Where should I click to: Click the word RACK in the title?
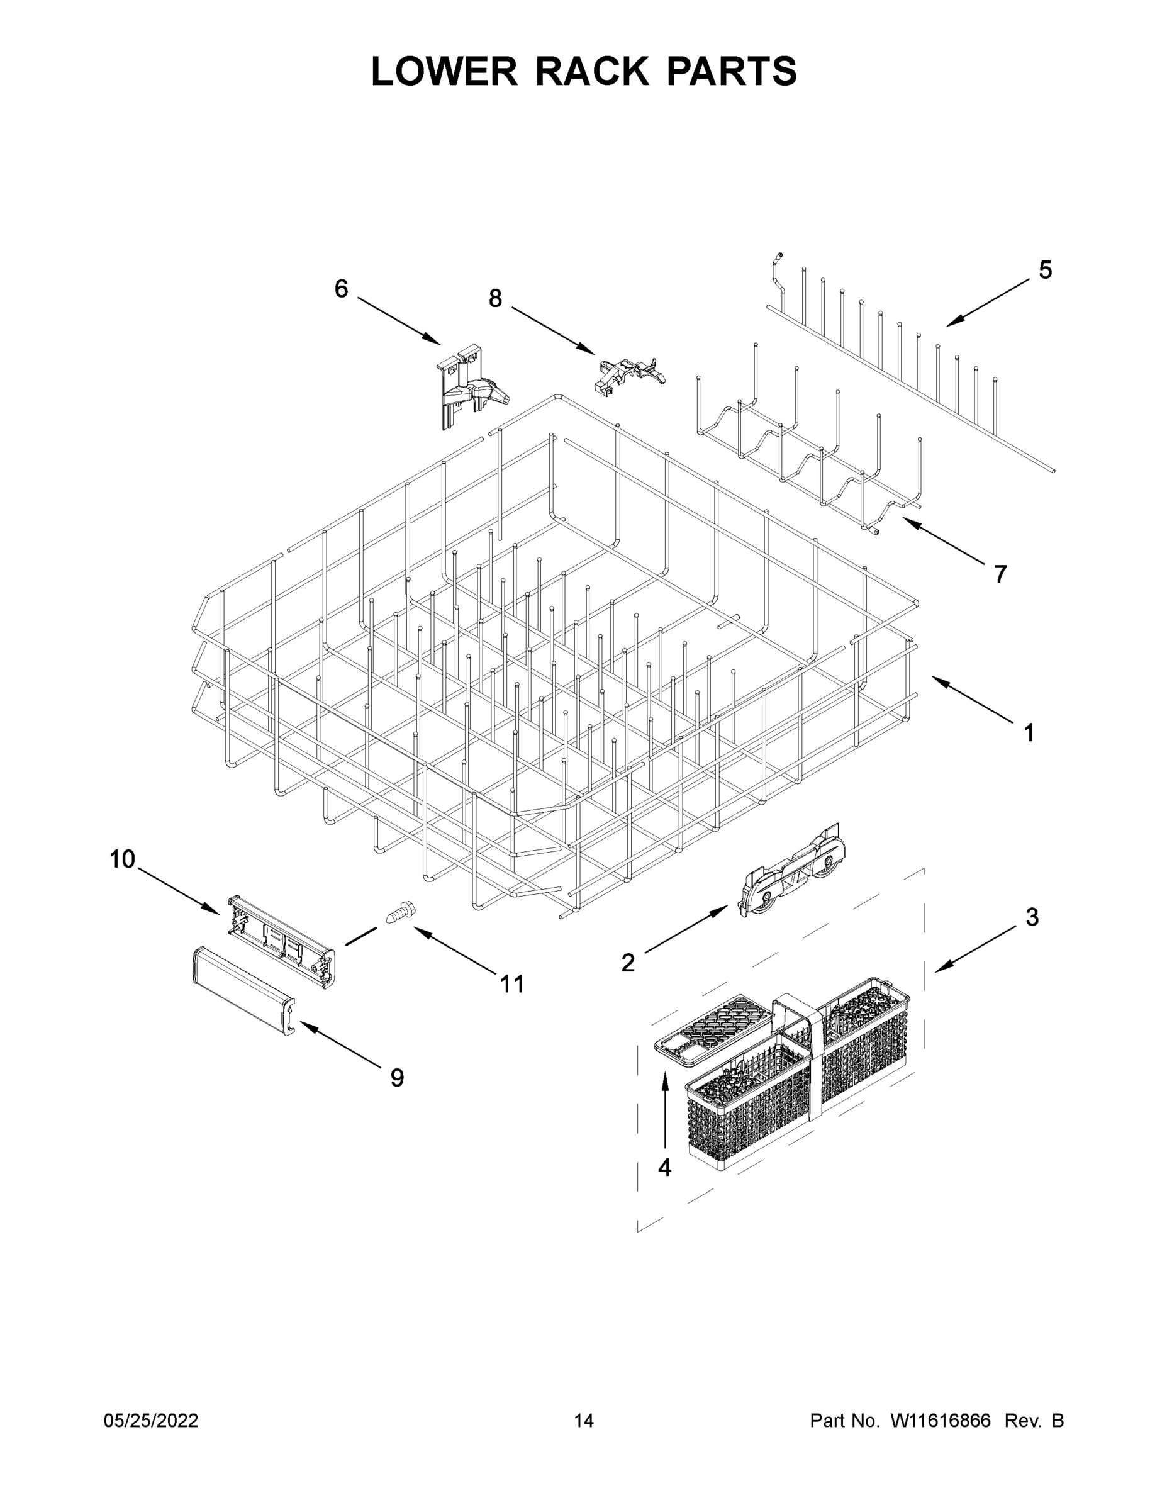pos(593,72)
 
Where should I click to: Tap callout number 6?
pos(341,288)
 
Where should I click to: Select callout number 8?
pos(495,299)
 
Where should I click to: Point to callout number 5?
pos(1046,271)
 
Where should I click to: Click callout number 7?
pos(1000,574)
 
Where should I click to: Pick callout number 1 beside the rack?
pos(1029,733)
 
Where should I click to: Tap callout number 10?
pos(123,859)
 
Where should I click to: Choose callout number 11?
pos(511,984)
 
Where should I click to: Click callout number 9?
pos(397,1078)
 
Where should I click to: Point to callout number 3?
pos(1032,917)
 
